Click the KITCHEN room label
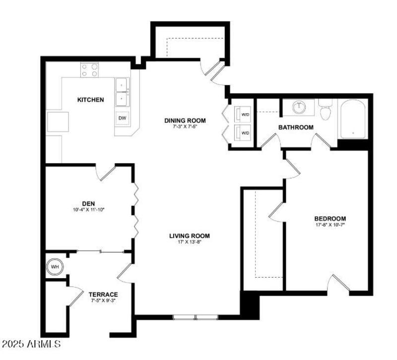90,100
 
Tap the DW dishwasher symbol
122,118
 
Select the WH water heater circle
55,267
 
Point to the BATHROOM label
296,127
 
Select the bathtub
352,119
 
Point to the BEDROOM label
330,218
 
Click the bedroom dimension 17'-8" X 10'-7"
330,225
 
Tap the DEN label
88,203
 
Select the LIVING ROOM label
190,236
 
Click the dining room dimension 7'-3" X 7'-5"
185,127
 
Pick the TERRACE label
104,294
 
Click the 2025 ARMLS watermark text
31,344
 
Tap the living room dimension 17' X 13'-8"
190,242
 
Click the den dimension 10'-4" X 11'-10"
88,210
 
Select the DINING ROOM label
185,121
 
